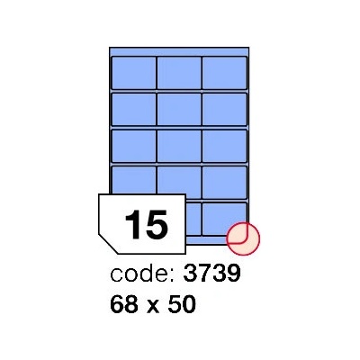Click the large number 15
(x=146, y=224)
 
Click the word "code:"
(x=142, y=274)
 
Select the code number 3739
(x=211, y=274)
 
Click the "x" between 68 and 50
(x=153, y=306)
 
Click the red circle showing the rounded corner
(x=243, y=238)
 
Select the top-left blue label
(x=134, y=73)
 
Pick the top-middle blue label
(x=179, y=73)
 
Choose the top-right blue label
(x=224, y=73)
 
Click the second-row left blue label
(x=134, y=110)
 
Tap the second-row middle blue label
(x=179, y=110)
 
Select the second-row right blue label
(x=224, y=110)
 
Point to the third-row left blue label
(x=134, y=146)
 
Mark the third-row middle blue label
(x=179, y=146)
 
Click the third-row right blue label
(x=224, y=146)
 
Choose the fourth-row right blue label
(x=224, y=183)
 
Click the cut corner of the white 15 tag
(x=107, y=245)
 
